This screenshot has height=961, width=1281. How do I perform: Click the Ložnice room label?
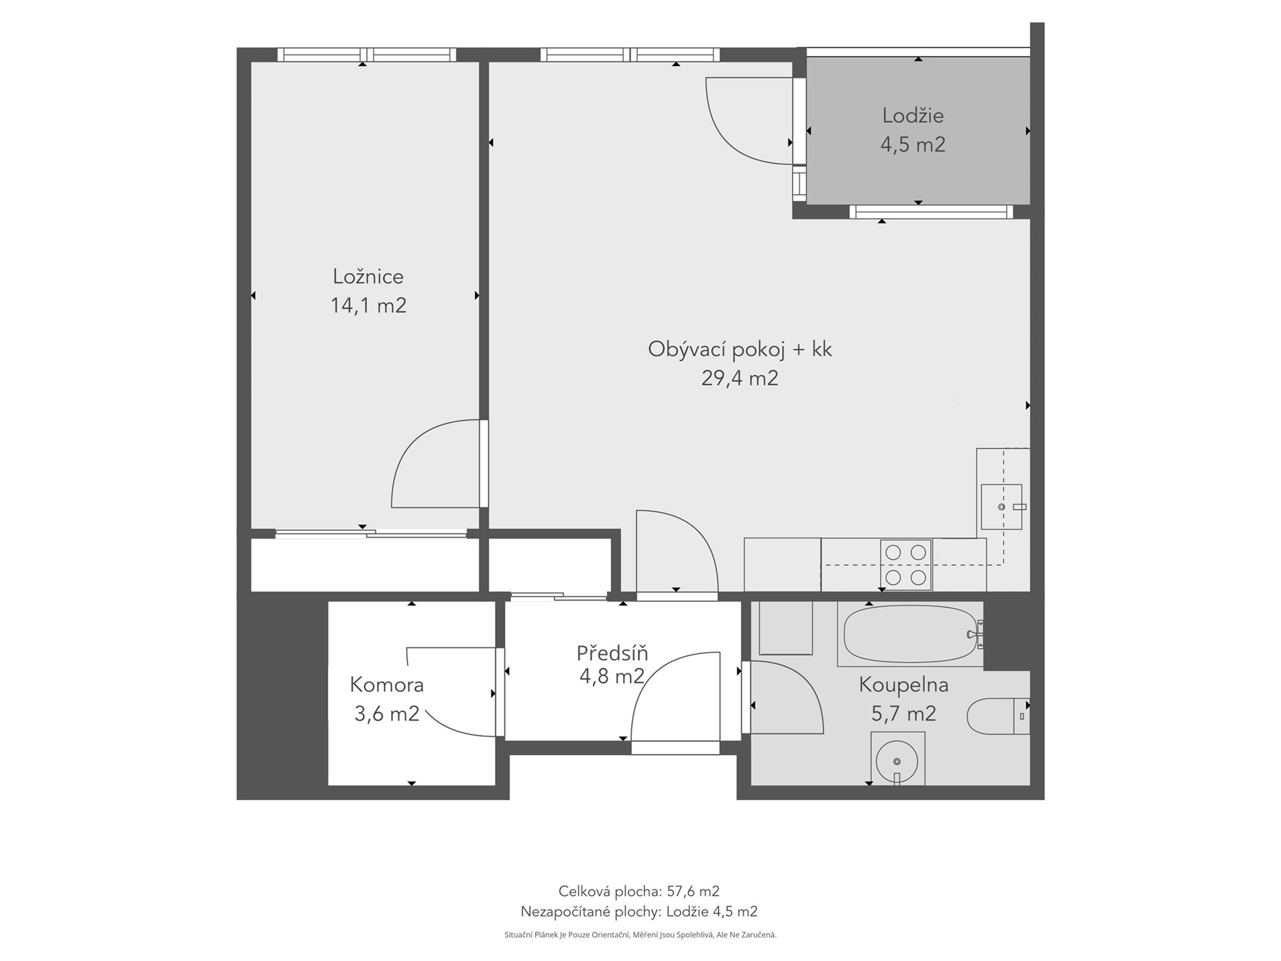pos(368,276)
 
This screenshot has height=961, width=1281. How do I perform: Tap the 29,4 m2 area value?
pos(740,378)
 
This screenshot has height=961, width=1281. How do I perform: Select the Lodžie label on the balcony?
pos(913,115)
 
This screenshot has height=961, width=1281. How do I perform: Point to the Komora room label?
pos(387,685)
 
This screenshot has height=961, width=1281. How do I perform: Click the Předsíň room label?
pos(612,652)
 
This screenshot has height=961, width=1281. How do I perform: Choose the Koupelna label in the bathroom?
pos(903,685)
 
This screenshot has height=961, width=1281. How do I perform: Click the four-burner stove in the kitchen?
pos(906,565)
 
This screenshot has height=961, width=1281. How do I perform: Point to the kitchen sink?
pos(1001,507)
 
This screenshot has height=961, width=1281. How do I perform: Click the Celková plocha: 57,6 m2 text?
pos(638,891)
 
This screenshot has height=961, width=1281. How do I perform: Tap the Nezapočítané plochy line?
pos(638,912)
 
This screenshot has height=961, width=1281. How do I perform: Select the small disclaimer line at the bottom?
pos(640,935)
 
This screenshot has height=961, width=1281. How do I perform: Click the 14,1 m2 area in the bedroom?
pos(368,306)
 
